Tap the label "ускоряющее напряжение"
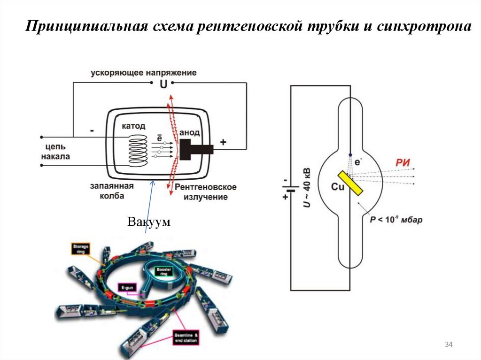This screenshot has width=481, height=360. click(144, 73)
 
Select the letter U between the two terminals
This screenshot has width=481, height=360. click(163, 84)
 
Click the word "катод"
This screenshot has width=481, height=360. click(133, 126)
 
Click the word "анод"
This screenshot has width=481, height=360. click(189, 133)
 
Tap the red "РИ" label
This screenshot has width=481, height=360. click(403, 163)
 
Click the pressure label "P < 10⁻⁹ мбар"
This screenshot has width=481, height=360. click(396, 219)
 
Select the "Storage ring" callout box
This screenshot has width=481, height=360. click(80, 248)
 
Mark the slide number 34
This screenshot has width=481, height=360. click(448, 345)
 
